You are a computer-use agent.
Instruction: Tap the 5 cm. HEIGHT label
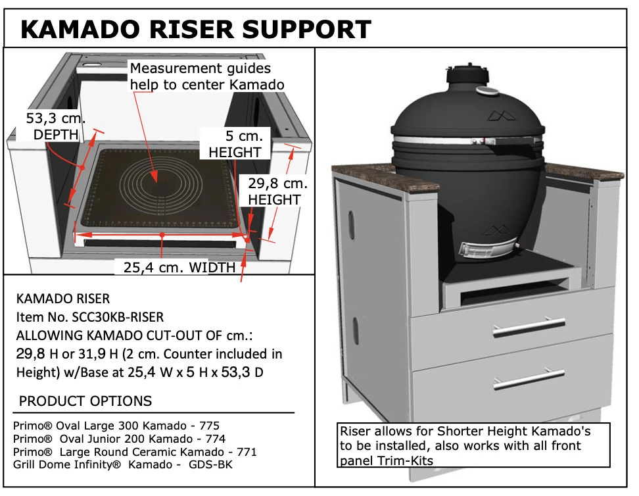point(235,144)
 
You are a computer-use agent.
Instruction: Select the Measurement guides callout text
point(206,76)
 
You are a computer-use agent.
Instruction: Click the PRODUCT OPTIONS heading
point(85,401)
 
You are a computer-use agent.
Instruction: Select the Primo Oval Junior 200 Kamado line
point(120,439)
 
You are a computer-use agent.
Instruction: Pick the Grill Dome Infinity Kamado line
point(123,464)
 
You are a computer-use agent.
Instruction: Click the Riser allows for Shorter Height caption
point(465,432)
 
